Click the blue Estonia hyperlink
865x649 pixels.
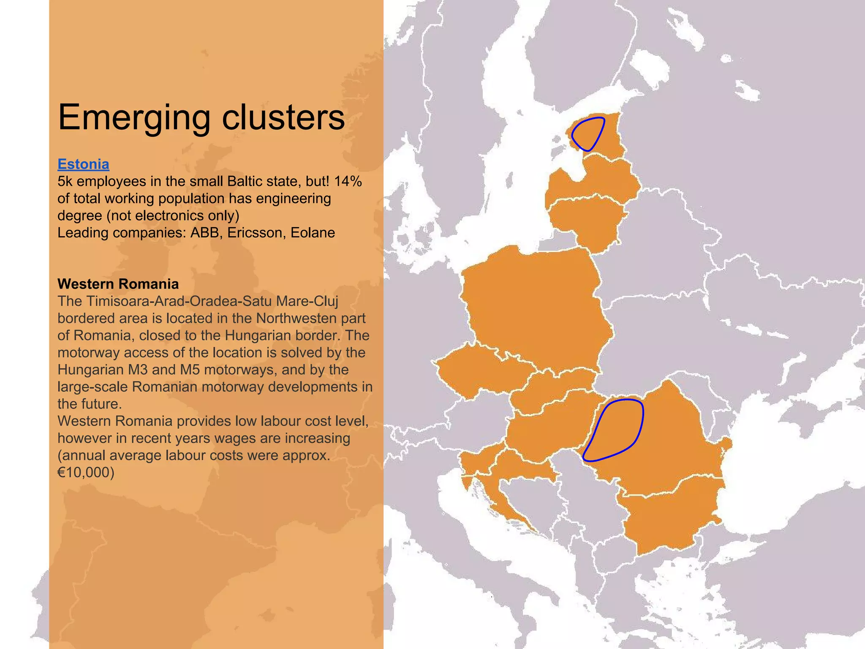coord(83,164)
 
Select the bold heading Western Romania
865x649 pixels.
coord(118,284)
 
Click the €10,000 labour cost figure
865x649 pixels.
coord(86,472)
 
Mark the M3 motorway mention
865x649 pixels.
coord(136,370)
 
